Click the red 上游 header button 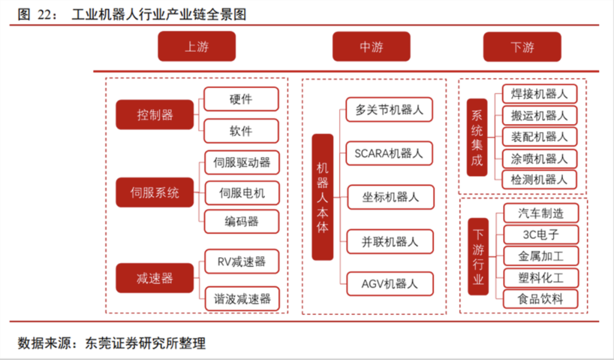point(197,47)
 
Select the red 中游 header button point(371,47)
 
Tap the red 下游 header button point(522,47)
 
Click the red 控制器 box point(155,115)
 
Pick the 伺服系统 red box point(155,192)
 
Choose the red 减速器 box point(155,278)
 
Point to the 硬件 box point(241,99)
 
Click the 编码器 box point(242,222)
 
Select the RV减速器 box point(242,261)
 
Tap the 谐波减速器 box point(242,299)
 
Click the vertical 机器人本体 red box point(322,197)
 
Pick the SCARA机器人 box point(389,153)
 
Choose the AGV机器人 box point(389,284)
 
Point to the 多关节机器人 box point(389,110)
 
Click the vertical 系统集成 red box point(477,138)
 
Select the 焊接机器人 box point(539,94)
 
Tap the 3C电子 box point(541,235)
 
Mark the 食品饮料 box point(541,299)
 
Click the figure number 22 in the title point(44,14)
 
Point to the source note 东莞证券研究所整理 point(145,343)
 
